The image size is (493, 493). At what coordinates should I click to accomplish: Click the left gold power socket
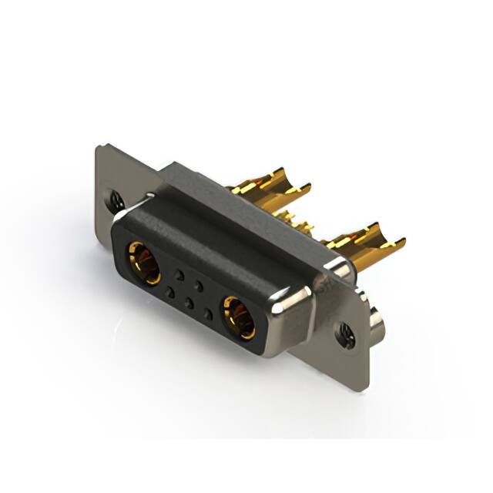click(144, 262)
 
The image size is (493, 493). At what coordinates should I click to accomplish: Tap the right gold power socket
click(239, 317)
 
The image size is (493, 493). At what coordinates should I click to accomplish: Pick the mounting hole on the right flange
click(343, 333)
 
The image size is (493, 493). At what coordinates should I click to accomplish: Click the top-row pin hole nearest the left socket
click(179, 274)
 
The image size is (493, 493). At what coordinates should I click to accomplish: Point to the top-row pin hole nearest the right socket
click(199, 286)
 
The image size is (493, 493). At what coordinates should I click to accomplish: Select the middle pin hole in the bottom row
click(189, 303)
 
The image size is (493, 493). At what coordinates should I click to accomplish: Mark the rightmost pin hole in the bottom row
click(208, 314)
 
